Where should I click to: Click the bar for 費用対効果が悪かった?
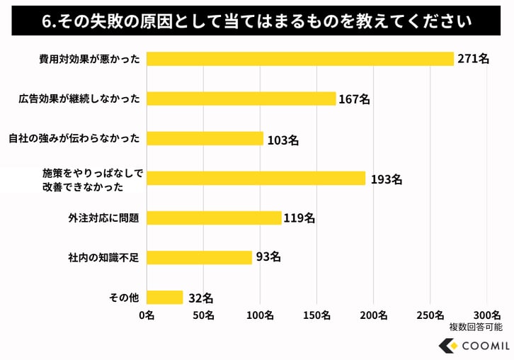[299, 59]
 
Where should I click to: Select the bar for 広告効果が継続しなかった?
[241, 99]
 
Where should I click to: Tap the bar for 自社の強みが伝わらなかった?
[205, 138]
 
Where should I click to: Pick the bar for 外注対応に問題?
[214, 218]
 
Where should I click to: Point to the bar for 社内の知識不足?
[199, 257]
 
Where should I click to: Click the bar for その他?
[164, 297]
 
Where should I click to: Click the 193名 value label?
[386, 179]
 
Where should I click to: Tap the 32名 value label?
[200, 298]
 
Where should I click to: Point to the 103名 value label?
[282, 140]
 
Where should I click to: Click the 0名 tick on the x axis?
[147, 315]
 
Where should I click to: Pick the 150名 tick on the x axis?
[316, 315]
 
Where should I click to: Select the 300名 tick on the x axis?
[486, 315]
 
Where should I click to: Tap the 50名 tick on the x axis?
[203, 315]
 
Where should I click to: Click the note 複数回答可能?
[475, 327]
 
